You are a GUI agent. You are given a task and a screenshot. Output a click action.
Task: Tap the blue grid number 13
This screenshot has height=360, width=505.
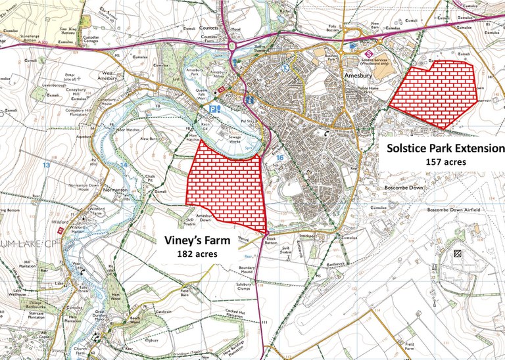click(45, 165)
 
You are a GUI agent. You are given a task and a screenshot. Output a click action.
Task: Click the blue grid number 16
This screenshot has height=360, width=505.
click(280, 158)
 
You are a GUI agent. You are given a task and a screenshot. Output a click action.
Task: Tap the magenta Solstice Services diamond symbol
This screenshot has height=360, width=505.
click(368, 54)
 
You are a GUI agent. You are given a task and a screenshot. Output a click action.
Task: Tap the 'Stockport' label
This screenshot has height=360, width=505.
click(308, 233)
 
